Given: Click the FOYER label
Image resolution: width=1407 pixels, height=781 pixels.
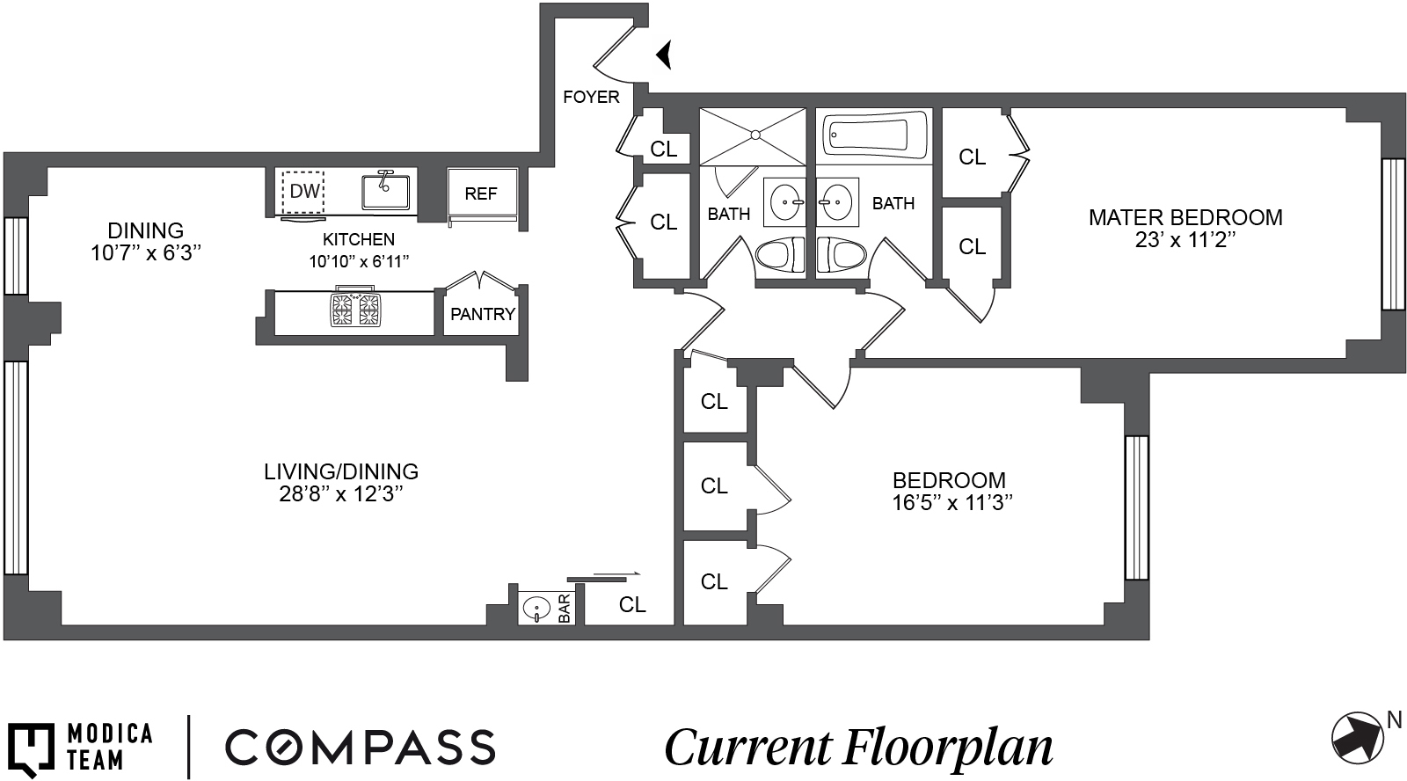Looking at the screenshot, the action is click(591, 97).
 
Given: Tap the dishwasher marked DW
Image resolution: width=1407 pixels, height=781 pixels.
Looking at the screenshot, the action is click(303, 192).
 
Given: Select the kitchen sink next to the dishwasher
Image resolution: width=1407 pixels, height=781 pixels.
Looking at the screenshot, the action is click(385, 190).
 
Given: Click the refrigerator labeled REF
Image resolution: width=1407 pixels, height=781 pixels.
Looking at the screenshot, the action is click(481, 194).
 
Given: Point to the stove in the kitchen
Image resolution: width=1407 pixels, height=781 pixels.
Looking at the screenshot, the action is click(355, 310).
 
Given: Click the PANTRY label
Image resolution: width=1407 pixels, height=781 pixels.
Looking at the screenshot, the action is click(483, 314).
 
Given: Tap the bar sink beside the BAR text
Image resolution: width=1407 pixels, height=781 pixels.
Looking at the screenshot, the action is click(536, 608).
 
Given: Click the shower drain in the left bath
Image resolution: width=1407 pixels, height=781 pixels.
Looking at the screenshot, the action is click(754, 135).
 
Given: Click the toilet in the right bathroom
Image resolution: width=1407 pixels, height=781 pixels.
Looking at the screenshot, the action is click(842, 256).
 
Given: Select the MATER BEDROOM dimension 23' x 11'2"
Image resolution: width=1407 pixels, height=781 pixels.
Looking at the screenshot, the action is click(1185, 240).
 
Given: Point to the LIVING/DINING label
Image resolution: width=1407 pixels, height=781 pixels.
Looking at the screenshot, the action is click(341, 471).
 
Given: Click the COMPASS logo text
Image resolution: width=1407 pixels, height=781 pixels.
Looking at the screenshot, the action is click(361, 747).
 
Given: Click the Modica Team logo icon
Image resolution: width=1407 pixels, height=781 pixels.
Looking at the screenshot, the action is click(32, 748).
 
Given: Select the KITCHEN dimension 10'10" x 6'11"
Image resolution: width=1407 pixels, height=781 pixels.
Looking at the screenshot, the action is click(359, 261).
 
